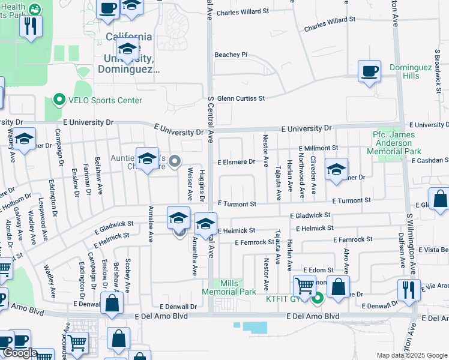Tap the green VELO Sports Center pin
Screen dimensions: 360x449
click(59, 100)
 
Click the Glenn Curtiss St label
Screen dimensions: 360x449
click(241, 98)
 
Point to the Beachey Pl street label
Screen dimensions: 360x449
click(232, 55)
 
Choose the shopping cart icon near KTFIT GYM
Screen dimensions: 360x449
click(304, 286)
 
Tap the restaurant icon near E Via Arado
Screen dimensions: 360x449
click(409, 289)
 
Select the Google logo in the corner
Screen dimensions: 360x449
click(19, 353)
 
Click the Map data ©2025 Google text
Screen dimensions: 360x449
click(412, 355)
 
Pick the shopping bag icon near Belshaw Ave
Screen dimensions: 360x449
click(112, 303)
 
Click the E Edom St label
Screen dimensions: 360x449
click(318, 271)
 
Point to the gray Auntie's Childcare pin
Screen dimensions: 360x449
click(175, 161)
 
